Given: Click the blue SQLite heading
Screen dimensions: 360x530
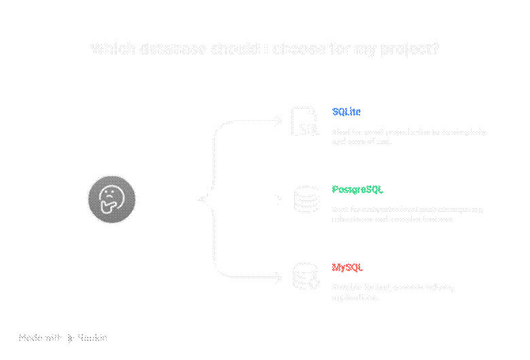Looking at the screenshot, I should pos(347,111).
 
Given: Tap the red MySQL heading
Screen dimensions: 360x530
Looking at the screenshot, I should pos(348,268).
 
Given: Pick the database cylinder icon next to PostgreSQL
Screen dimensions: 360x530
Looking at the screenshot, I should pos(306,199).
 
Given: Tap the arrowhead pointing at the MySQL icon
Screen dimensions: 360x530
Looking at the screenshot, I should pos(277,277).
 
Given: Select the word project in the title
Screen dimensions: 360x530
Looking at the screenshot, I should pos(406,49).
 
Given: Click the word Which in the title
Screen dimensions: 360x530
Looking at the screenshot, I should pos(107,49).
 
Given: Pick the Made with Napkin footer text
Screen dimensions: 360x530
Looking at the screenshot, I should pos(63,338).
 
